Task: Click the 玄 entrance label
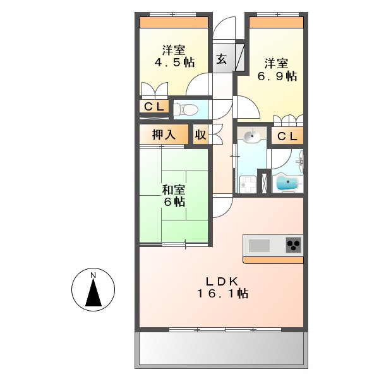[222, 59]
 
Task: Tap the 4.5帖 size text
[174, 63]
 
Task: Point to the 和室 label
[173, 189]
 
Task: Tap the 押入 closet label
[164, 134]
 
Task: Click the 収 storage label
[200, 134]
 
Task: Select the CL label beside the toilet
[154, 107]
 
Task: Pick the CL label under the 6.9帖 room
[287, 136]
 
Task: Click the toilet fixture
[184, 109]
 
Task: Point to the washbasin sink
[251, 136]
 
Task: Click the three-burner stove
[293, 244]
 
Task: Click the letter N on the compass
[92, 275]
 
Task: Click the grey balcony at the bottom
[221, 349]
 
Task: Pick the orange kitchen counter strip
[273, 260]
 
